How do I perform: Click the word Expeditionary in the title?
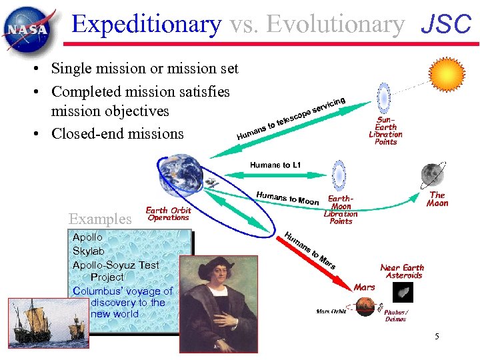pos(147,24)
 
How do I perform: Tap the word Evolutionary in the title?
pos(317,24)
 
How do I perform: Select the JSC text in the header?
pos(446,25)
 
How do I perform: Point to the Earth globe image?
pos(180,171)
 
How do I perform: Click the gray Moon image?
pos(432,175)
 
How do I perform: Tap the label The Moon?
pos(437,199)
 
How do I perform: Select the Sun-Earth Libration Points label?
pos(385,130)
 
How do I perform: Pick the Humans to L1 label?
pos(275,165)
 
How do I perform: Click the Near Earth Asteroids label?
pos(402,271)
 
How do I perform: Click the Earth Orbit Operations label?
pos(168,214)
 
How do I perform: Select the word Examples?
pos(100,219)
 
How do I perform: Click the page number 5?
pos(437,337)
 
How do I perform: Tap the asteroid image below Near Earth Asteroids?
pos(403,292)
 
